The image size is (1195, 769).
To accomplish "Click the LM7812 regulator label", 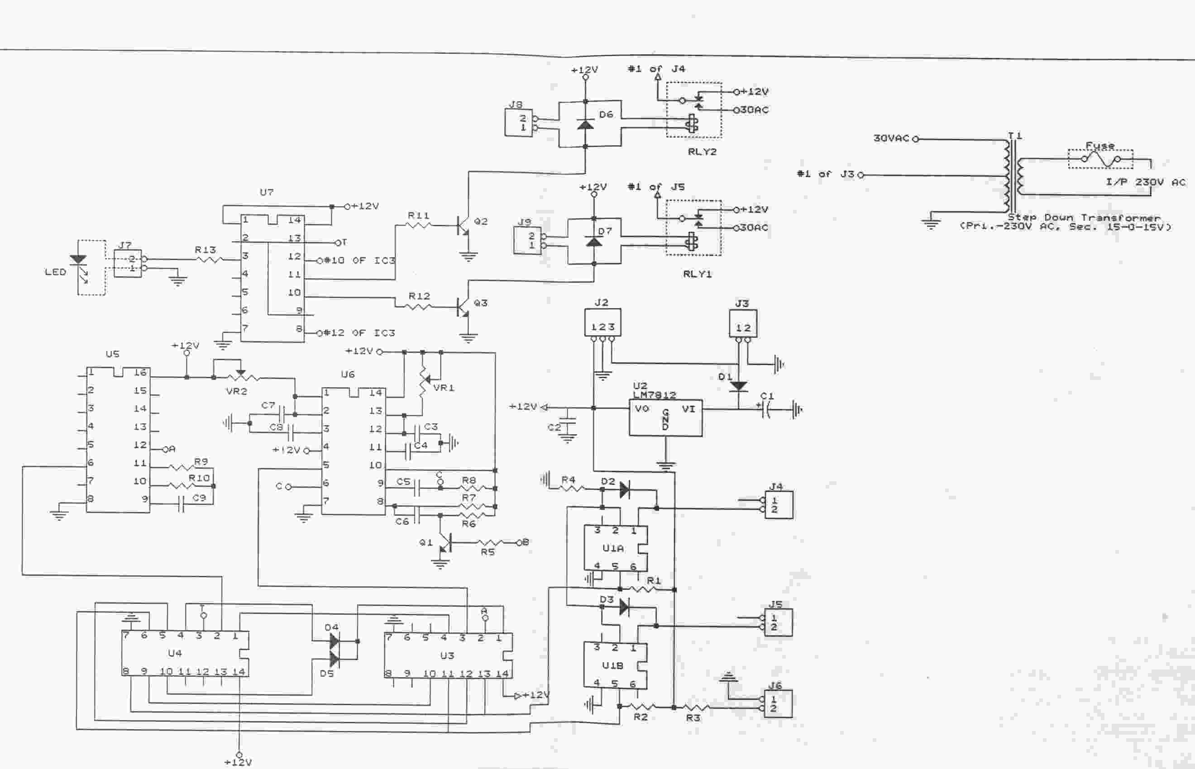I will pos(655,395).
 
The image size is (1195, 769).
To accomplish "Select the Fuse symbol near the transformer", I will pos(1100,159).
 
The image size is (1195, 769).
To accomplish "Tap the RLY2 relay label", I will pos(702,152).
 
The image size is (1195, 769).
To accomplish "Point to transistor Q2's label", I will pos(481,221).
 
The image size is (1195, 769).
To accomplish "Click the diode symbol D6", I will pos(586,123).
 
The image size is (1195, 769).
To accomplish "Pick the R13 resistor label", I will pos(205,250).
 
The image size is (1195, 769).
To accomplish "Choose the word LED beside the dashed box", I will pos(56,272).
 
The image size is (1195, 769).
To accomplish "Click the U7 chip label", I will pos(267,192).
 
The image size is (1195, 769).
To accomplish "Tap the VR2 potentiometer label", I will pos(236,391).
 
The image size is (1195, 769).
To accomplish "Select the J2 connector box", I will pos(602,323).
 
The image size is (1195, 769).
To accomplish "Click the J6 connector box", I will pos(779,703).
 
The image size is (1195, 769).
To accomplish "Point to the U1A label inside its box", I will pos(613,548).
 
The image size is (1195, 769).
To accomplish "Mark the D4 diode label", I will pos(331,627).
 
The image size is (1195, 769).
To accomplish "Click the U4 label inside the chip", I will pos(175,653).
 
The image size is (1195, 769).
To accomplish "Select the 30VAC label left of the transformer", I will pos(891,138).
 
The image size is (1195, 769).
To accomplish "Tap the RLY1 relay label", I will pos(697,274).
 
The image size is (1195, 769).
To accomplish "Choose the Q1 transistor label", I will pos(425,542).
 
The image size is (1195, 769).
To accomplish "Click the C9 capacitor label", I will pos(199,498).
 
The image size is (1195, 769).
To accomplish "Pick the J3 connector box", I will pos(743,323).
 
